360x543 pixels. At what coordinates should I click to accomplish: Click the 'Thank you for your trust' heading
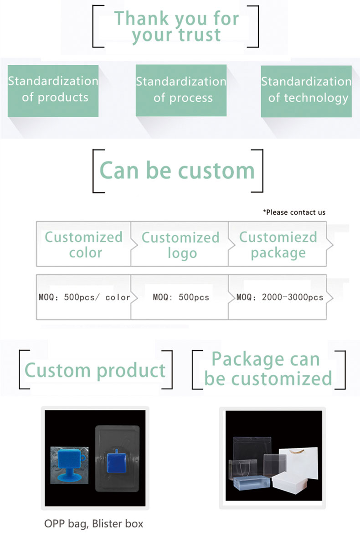(176, 26)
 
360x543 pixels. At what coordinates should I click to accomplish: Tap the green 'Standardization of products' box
(53, 91)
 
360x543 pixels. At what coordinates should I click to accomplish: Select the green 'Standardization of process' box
(181, 90)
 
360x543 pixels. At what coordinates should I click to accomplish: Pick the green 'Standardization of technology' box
(306, 92)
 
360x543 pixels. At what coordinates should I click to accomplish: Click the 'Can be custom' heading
(177, 171)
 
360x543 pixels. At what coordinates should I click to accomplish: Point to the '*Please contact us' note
(294, 212)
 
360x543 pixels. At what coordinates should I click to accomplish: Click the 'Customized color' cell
(84, 244)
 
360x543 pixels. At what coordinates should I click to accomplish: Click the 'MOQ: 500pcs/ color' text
(84, 297)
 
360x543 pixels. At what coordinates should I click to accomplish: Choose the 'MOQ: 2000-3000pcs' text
(280, 297)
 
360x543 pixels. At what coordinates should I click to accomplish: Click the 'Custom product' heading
(95, 371)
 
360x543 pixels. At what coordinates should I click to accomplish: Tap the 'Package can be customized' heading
(268, 369)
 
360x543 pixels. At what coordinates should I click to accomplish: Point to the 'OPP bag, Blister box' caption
(94, 524)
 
